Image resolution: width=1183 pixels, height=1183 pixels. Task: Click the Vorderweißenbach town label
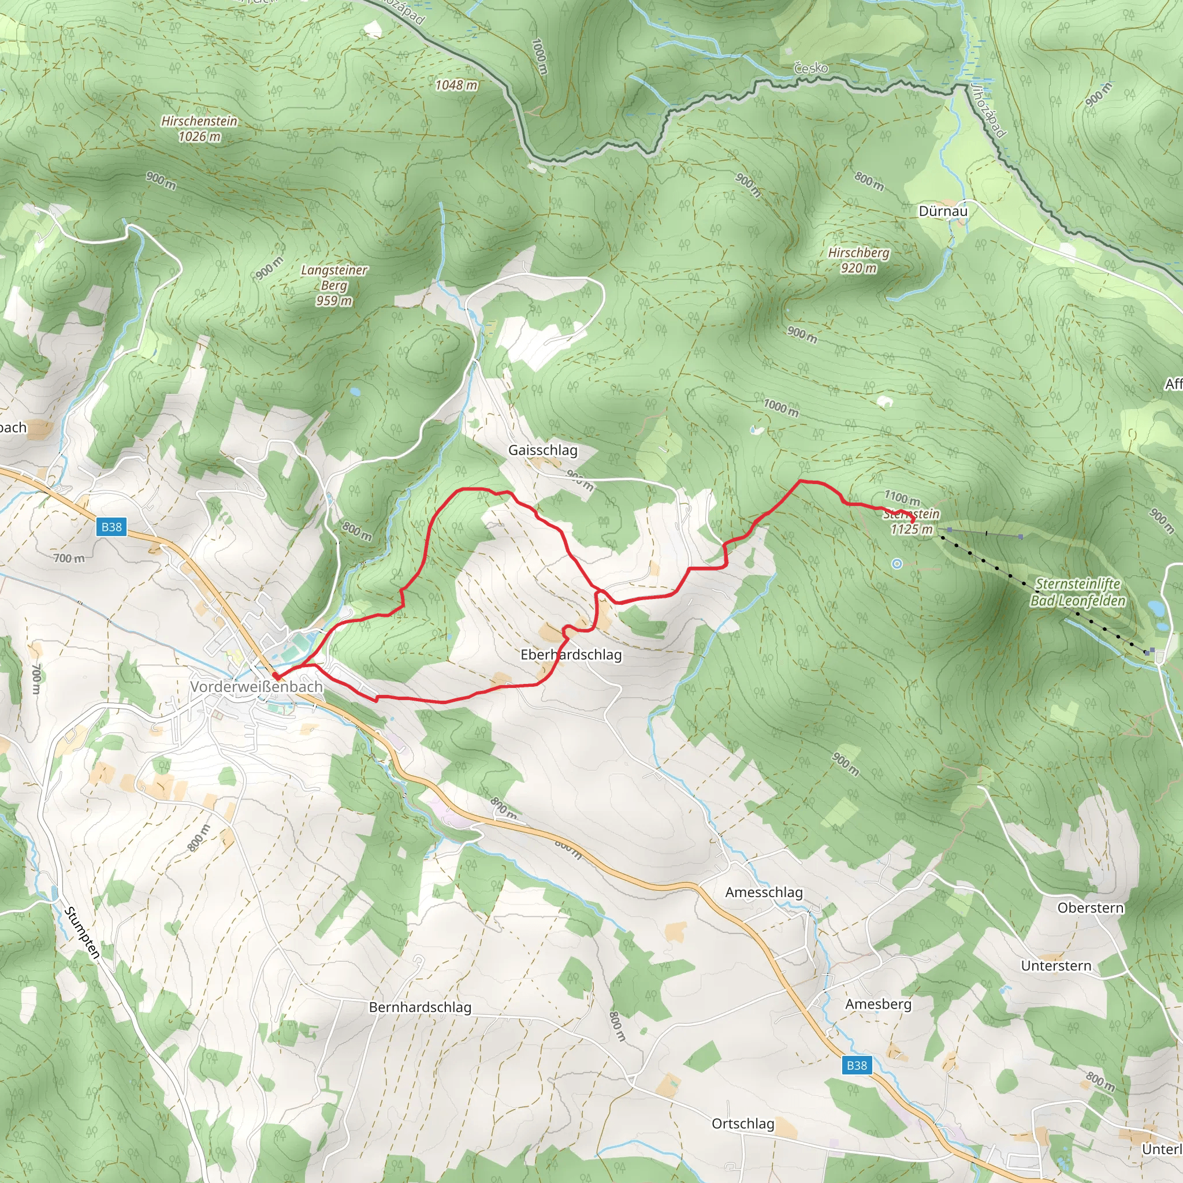(256, 687)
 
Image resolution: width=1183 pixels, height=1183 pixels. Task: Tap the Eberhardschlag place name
(571, 654)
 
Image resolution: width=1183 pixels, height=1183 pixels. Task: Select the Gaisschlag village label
(542, 450)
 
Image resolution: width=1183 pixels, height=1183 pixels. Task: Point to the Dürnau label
(943, 211)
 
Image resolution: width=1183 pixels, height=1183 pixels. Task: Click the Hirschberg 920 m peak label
(858, 261)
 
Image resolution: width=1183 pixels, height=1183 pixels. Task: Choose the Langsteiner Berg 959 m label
(334, 285)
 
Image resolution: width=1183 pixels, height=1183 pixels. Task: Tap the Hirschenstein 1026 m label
(199, 129)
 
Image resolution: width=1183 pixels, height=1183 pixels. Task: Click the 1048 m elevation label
(456, 85)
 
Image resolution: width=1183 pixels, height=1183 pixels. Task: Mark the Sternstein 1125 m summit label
(911, 522)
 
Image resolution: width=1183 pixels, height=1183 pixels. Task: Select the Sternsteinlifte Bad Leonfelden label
(1078, 592)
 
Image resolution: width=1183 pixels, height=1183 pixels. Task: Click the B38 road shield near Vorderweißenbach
(111, 527)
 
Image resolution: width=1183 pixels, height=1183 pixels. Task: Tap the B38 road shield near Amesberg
(856, 1065)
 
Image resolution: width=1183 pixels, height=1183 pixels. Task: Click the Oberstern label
(1091, 907)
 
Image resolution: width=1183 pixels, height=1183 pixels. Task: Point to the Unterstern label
(1056, 966)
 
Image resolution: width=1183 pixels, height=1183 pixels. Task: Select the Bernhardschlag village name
(420, 1007)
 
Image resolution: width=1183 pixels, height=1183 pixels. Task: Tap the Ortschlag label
(743, 1124)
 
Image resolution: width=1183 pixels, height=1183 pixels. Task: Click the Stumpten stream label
(81, 932)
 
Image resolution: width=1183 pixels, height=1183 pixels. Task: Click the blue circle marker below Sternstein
(897, 564)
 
